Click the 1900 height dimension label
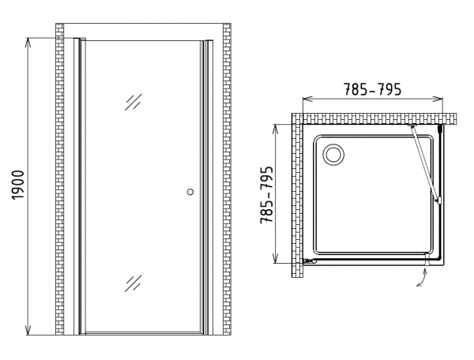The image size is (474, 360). click(x=18, y=185)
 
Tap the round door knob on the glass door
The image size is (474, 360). click(x=190, y=192)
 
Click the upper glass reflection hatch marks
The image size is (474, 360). click(x=134, y=102)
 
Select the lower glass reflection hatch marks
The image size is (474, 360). click(x=134, y=283)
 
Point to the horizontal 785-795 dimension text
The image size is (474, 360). click(x=372, y=89)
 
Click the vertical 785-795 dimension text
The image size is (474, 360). click(x=267, y=195)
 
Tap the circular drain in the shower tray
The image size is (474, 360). click(x=333, y=155)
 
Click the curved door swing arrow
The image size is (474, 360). click(x=422, y=277)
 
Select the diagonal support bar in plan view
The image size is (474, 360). click(x=423, y=163)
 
